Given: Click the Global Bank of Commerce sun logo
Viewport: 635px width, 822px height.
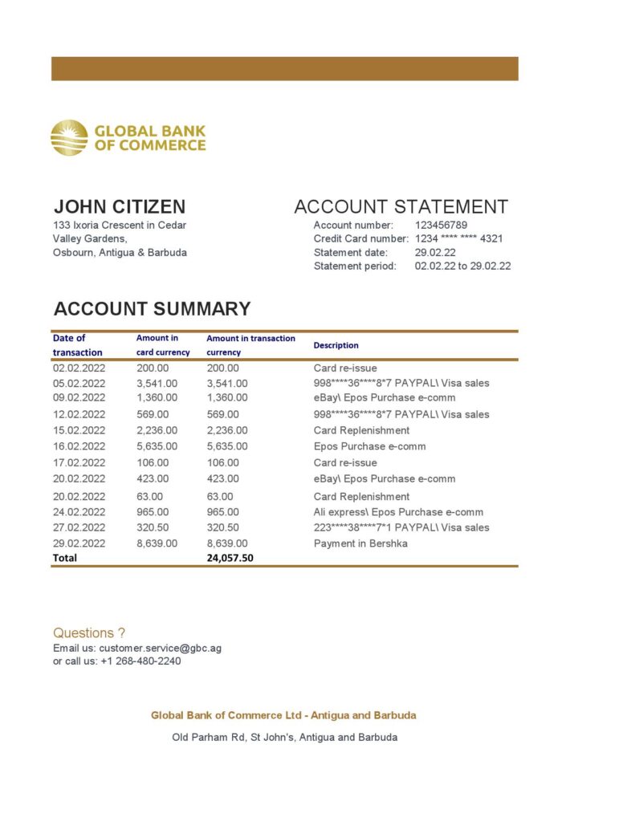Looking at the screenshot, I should tap(69, 138).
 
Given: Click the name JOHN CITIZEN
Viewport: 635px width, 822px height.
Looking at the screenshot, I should tap(120, 206).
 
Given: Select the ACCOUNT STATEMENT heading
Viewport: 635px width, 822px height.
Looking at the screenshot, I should tap(401, 206).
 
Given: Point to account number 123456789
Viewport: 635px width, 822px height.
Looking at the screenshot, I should tap(441, 225).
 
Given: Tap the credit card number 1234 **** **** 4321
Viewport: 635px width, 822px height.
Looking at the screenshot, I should tap(459, 238).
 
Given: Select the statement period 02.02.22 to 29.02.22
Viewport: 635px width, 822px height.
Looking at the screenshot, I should tap(462, 266).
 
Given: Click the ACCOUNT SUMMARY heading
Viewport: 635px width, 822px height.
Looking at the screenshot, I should tap(152, 309).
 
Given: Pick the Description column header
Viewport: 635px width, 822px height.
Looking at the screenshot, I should tap(336, 345).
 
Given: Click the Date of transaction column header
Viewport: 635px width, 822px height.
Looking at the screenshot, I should tap(77, 345).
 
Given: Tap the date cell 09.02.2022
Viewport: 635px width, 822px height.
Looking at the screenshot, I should tap(79, 397).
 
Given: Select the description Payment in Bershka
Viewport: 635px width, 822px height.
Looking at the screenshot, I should tap(360, 543).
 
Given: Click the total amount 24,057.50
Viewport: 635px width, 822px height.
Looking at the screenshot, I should tap(230, 558).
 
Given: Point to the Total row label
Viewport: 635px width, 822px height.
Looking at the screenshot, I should tap(65, 558).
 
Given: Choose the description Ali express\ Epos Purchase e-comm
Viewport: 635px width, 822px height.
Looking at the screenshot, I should tap(398, 512).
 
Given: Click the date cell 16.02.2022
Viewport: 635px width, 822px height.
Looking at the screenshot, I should tap(79, 446).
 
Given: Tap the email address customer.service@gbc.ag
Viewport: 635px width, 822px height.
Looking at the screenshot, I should tap(161, 648).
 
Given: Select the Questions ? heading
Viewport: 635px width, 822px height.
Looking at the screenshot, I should tap(89, 633).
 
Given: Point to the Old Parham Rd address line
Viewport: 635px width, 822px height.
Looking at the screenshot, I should tap(285, 737).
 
